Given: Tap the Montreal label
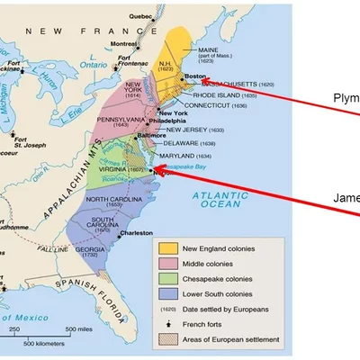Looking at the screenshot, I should pos(124,43).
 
